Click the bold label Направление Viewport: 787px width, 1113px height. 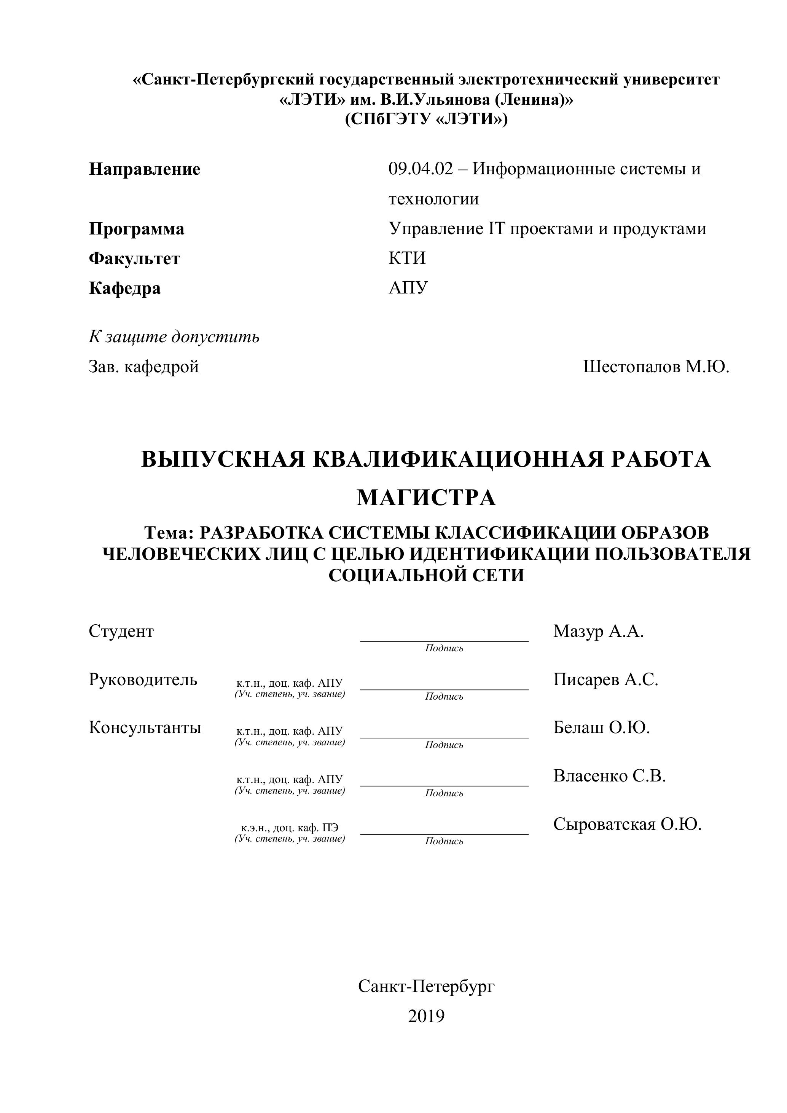pyautogui.click(x=144, y=169)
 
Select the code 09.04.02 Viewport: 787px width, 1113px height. pyautogui.click(x=421, y=169)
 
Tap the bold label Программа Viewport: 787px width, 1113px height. pyautogui.click(x=136, y=229)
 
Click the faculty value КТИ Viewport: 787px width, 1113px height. pyautogui.click(x=407, y=258)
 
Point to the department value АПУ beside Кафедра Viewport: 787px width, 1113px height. pyautogui.click(x=408, y=287)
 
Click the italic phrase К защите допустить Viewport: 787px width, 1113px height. pyautogui.click(x=174, y=336)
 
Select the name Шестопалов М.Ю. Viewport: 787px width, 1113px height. pyautogui.click(x=656, y=367)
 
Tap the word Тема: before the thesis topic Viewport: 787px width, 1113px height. pyautogui.click(x=169, y=533)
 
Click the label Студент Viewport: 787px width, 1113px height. pyautogui.click(x=121, y=631)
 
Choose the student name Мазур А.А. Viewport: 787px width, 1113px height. pyautogui.click(x=599, y=631)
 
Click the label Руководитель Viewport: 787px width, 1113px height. pyautogui.click(x=143, y=679)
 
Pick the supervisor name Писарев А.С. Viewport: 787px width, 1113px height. pyautogui.click(x=606, y=679)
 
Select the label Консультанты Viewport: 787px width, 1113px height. pyautogui.click(x=145, y=728)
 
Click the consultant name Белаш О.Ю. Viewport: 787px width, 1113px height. pyautogui.click(x=601, y=728)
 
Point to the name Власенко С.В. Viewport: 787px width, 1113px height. pyautogui.click(x=610, y=776)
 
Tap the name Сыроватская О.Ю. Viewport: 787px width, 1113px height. pyautogui.click(x=628, y=824)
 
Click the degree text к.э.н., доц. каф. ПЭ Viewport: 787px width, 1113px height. pyautogui.click(x=290, y=828)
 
